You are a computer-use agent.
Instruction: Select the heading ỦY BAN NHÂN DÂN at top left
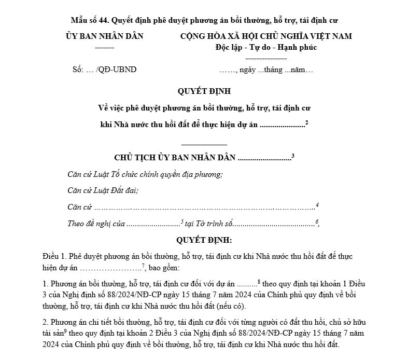coord(104,36)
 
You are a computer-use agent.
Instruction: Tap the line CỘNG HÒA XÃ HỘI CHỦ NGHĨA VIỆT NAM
coord(265,36)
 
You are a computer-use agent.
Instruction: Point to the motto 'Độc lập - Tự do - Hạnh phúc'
coord(266,47)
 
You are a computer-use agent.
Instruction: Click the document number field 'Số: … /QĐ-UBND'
coord(105,70)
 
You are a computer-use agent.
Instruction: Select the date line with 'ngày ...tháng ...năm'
coord(265,70)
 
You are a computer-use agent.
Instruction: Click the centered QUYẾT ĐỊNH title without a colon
coord(204,91)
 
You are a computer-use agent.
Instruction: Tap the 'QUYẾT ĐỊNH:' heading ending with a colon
coord(204,241)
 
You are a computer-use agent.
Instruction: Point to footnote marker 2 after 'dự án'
coord(307,122)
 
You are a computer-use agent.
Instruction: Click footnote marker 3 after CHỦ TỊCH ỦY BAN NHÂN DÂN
coord(293,155)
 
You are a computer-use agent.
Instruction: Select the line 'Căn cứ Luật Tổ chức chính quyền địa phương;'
coord(145,174)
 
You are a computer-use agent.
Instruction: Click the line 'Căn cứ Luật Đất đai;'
coord(103,190)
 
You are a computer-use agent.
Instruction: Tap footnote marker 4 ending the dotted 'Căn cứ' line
coord(317,205)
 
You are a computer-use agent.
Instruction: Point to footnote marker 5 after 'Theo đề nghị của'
coord(182,221)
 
